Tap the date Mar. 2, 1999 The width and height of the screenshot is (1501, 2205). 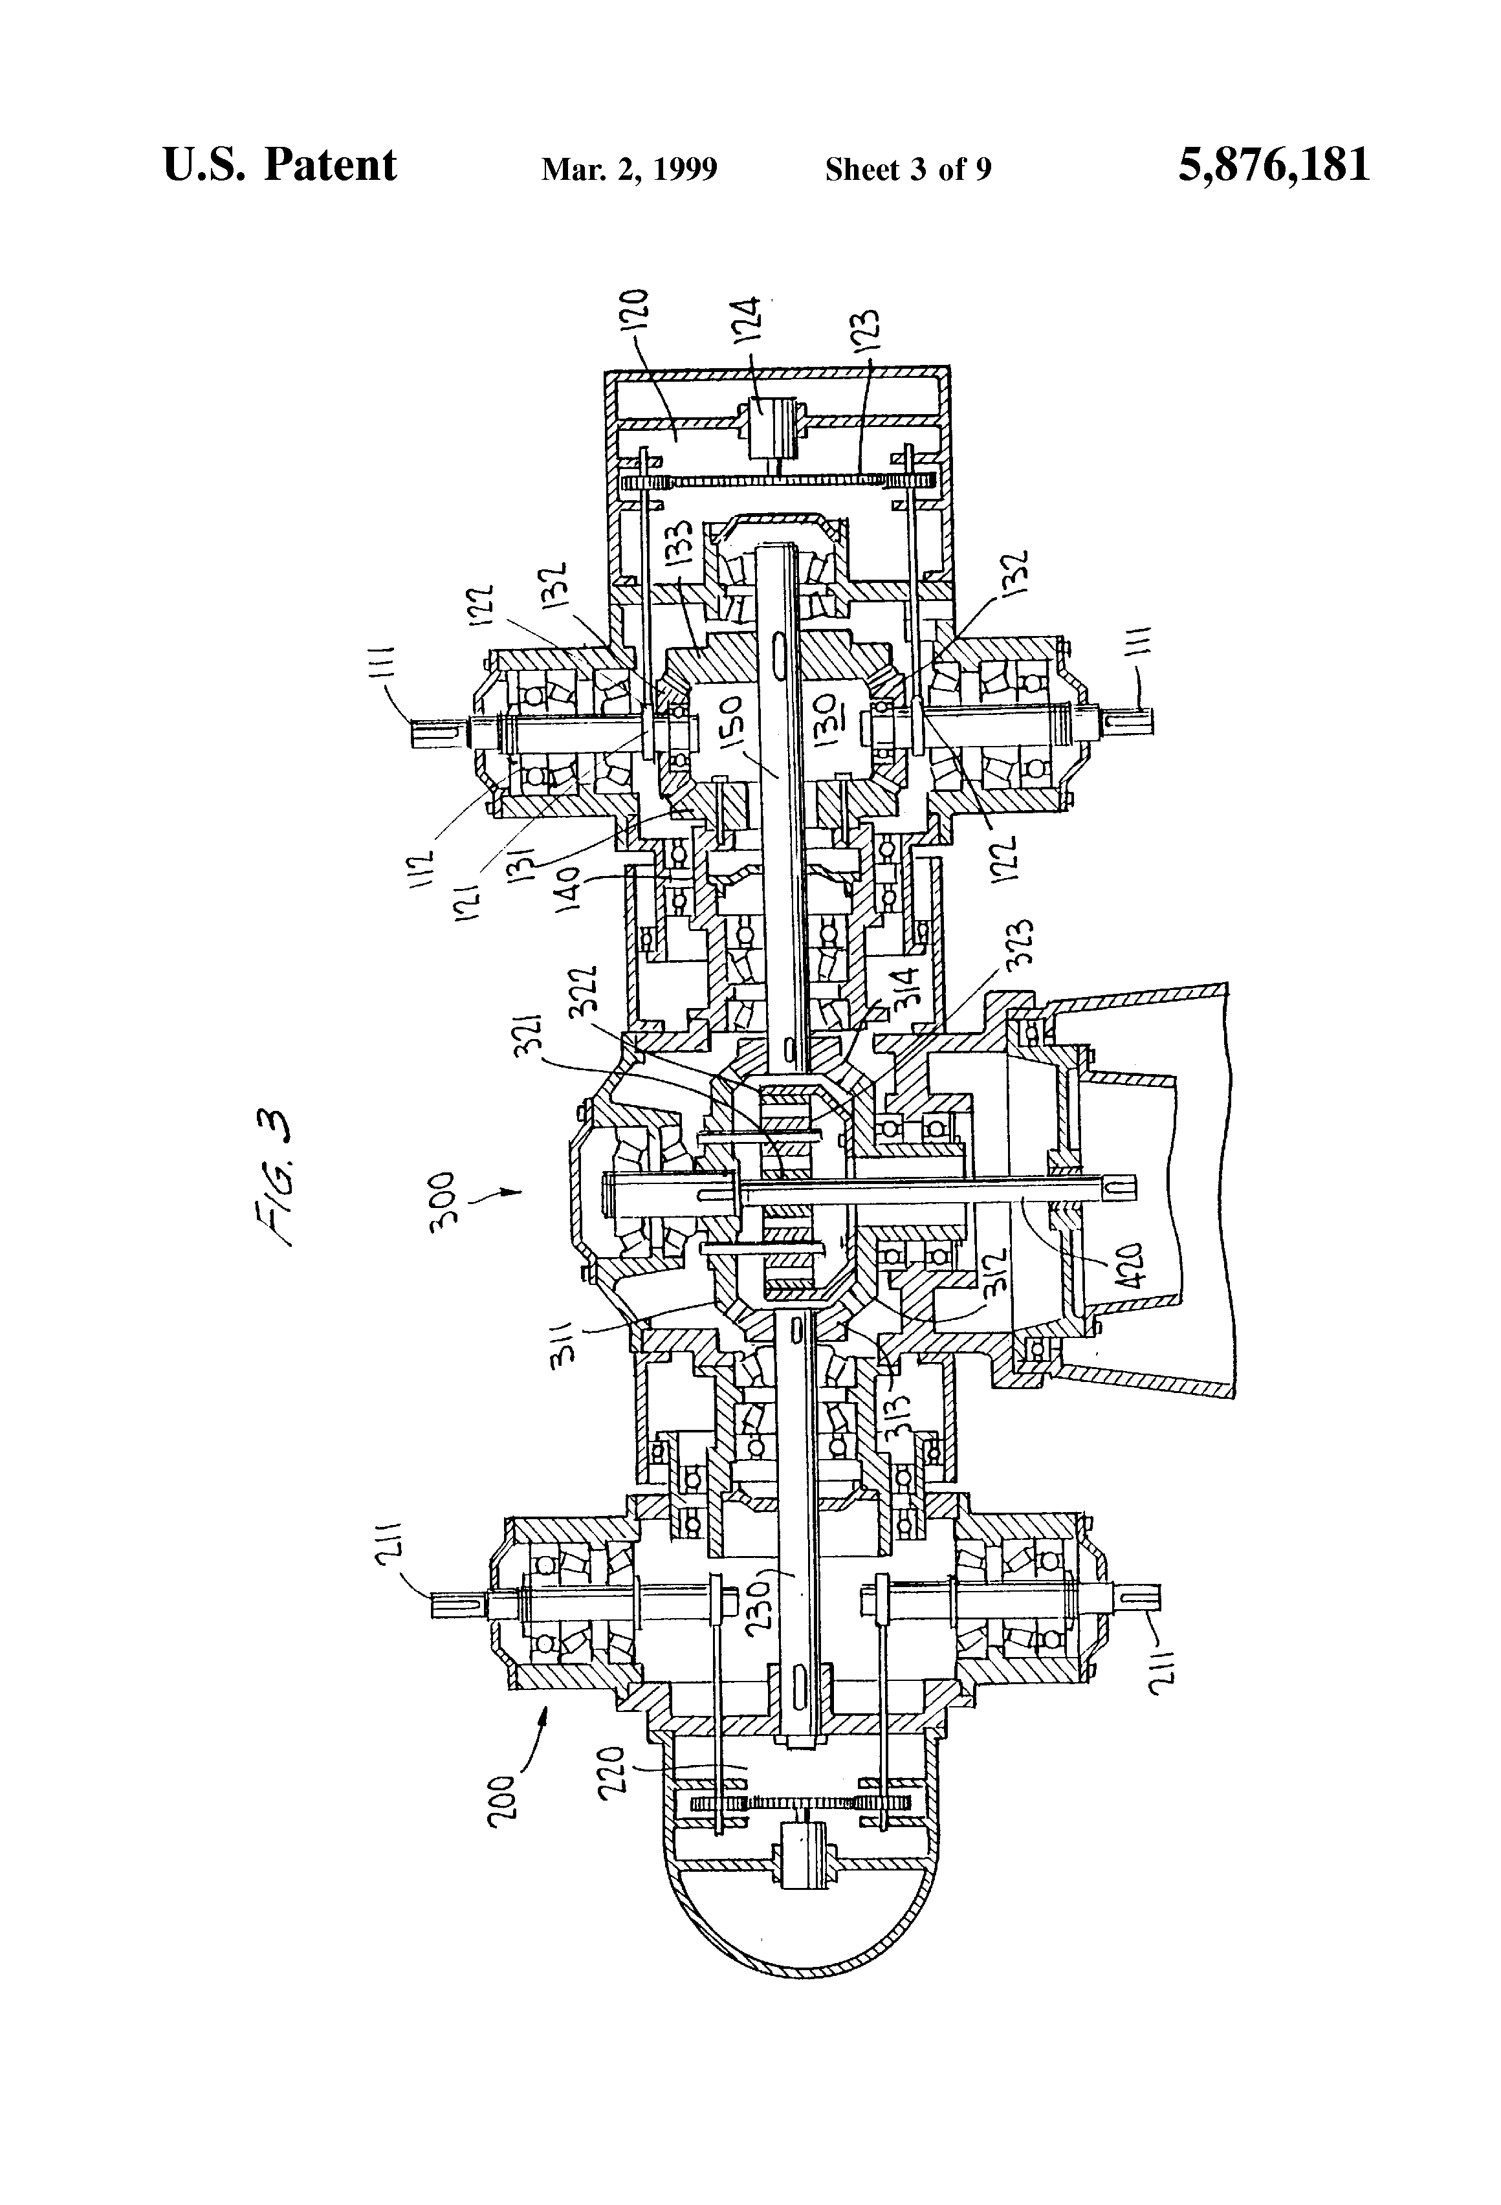click(628, 170)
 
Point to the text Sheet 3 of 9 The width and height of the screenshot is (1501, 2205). click(908, 170)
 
